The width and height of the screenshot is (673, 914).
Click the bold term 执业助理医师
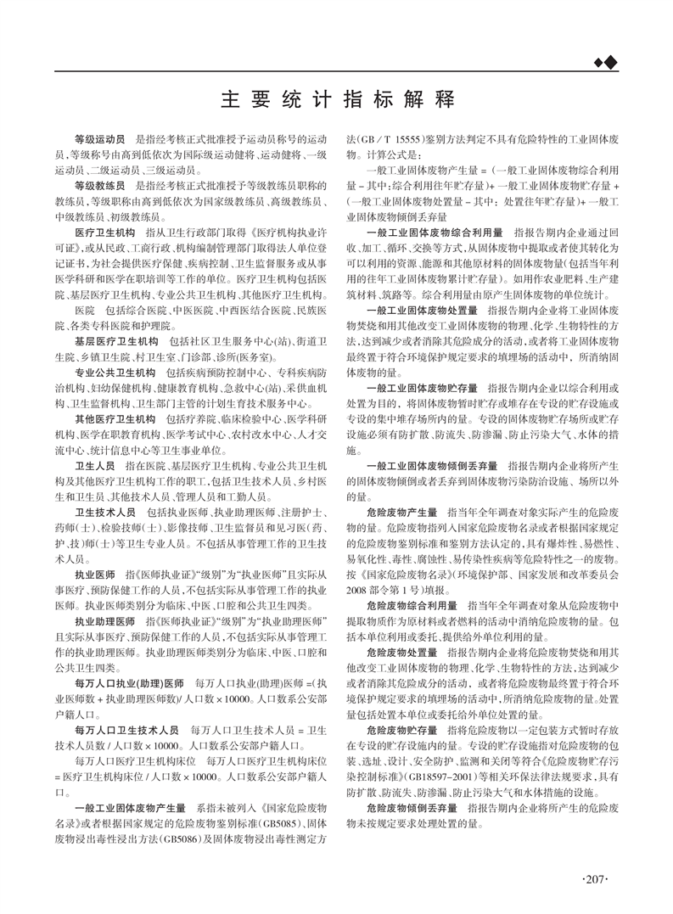point(104,621)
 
